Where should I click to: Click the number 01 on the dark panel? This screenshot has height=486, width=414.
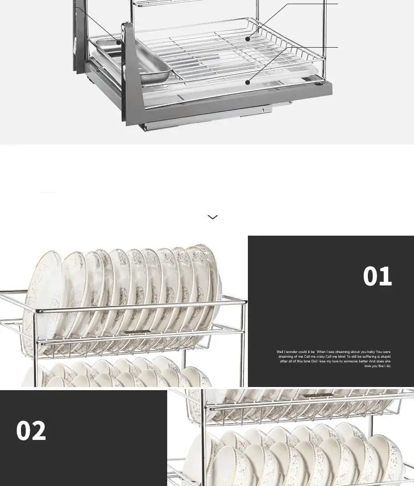[377, 276]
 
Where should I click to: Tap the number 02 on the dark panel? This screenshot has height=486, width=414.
[31, 431]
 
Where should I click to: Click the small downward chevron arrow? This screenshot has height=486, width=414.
[212, 217]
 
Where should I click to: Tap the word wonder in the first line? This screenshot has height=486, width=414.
[290, 352]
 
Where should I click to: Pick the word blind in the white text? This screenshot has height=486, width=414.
[341, 357]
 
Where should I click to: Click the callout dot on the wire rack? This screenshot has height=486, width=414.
[247, 38]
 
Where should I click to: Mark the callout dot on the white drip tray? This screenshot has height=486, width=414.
[247, 82]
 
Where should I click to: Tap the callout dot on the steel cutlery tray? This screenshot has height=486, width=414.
[119, 42]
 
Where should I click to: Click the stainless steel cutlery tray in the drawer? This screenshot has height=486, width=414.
[149, 60]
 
